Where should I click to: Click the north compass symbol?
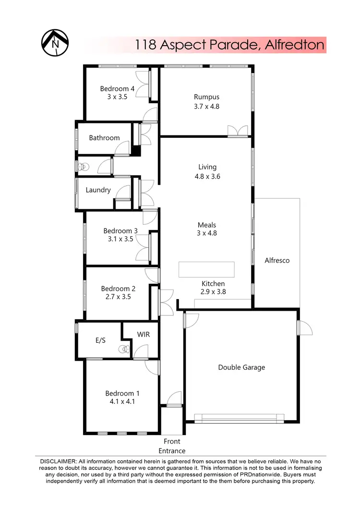[x=54, y=43]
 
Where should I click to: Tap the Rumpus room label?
[x=206, y=97]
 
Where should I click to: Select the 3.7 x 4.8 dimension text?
[x=206, y=107]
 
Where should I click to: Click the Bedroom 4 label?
[x=117, y=88]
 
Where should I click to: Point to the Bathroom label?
[x=104, y=138]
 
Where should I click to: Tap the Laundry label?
[x=98, y=190]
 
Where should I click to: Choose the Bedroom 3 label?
[x=120, y=231]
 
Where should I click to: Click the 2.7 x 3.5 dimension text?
[x=118, y=297]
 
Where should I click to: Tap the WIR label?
[x=144, y=334]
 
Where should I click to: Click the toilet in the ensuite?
[x=125, y=350]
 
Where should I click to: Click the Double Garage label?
[x=241, y=367]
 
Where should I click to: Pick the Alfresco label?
[x=277, y=261]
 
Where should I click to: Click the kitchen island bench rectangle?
[x=207, y=269]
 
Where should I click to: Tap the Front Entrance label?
[x=172, y=446]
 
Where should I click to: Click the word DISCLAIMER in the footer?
[x=55, y=461]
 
